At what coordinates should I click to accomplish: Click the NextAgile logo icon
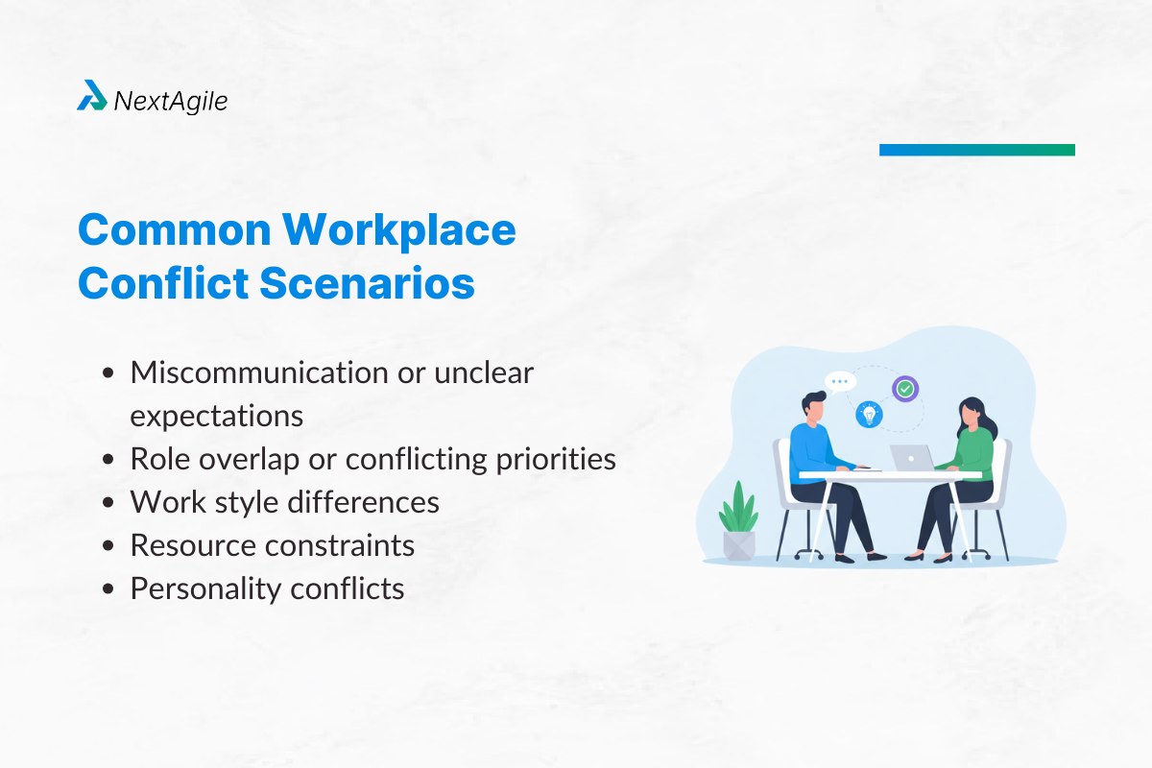point(92,96)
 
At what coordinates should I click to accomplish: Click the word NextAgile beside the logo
point(170,100)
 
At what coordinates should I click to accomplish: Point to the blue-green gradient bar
point(976,150)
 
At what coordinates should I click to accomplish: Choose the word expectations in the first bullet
point(217,416)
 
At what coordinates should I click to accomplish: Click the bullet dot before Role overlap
point(110,460)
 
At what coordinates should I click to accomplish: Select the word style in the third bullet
point(235,502)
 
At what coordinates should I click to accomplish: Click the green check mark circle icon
point(905,389)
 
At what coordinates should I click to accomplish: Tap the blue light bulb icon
point(869,415)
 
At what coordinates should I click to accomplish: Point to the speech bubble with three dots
point(840,381)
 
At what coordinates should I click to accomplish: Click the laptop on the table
point(911,458)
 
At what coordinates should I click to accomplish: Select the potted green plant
point(738,523)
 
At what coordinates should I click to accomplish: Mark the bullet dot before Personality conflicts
point(110,588)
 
